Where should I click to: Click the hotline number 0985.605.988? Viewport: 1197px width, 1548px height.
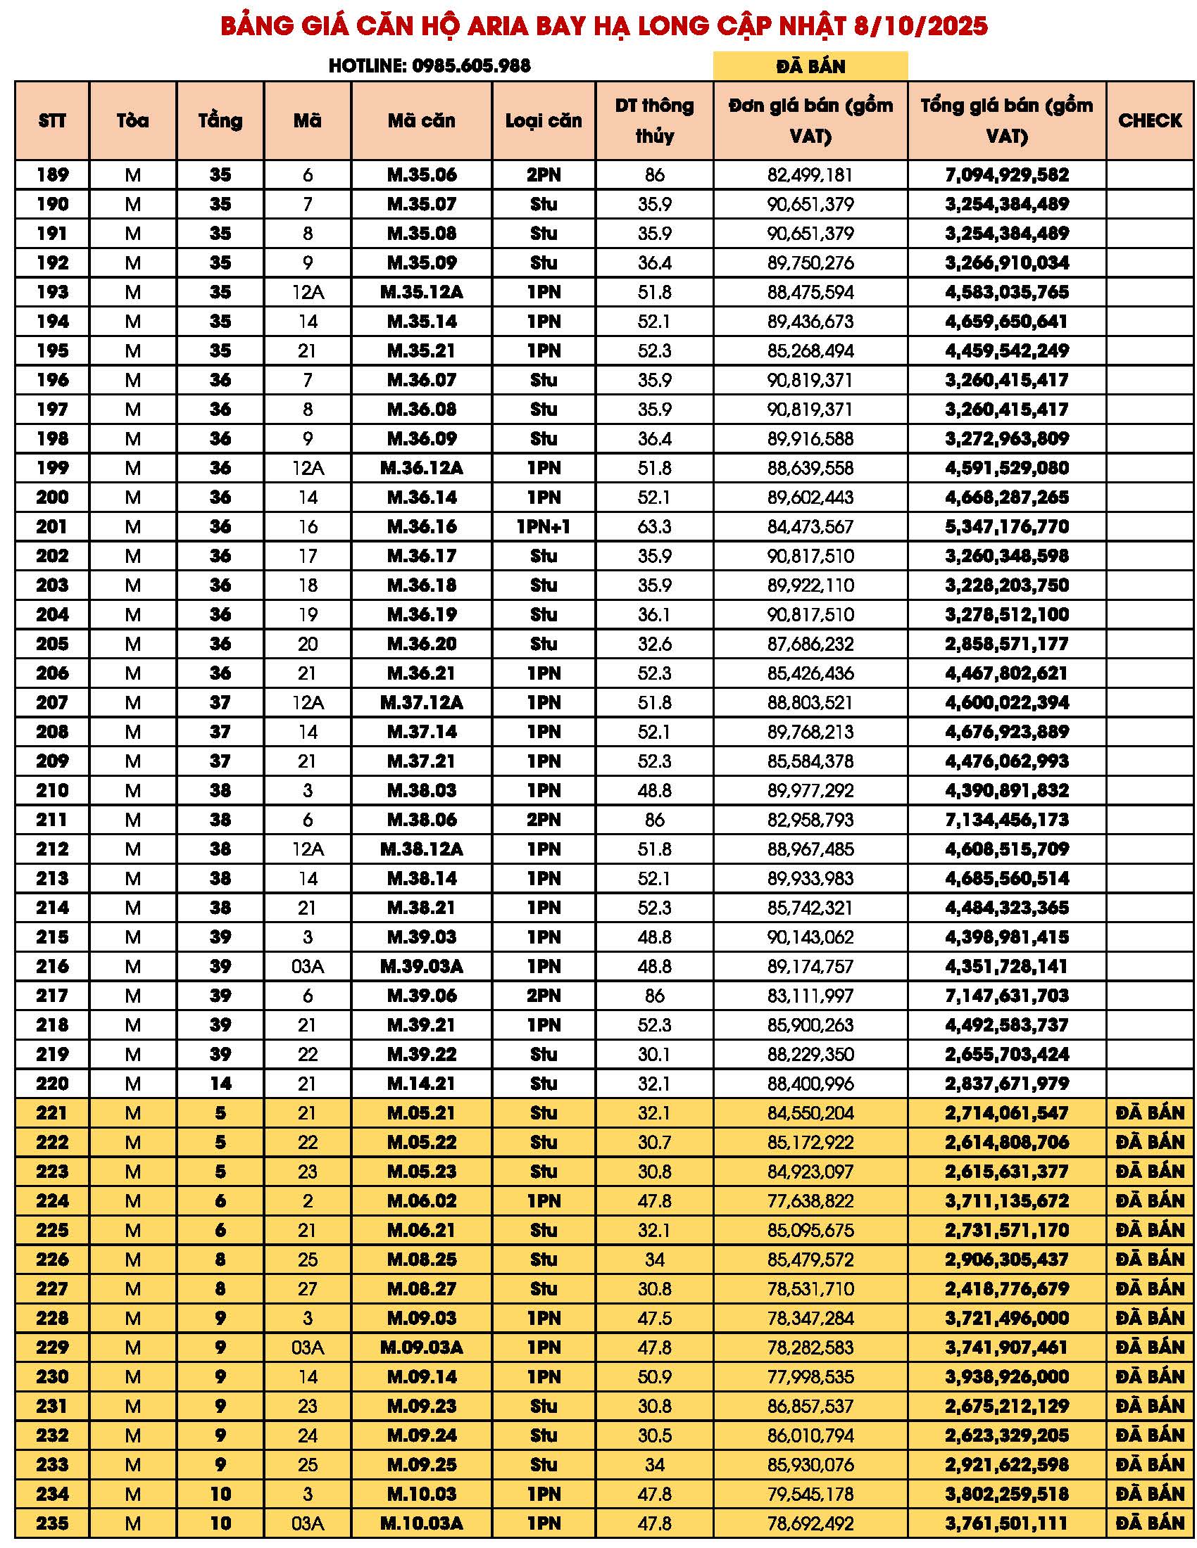click(471, 66)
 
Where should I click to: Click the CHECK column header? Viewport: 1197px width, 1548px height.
click(1150, 120)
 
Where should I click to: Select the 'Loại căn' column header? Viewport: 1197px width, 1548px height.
click(543, 120)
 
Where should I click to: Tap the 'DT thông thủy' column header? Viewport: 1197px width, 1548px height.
click(654, 120)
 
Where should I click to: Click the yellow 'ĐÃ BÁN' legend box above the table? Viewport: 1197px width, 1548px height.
click(810, 66)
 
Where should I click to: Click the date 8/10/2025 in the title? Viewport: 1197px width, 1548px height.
click(920, 26)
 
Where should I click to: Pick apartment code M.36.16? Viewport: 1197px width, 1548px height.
click(421, 526)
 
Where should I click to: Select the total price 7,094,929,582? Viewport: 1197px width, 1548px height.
click(1006, 175)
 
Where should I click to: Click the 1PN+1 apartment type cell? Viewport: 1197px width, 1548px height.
click(543, 526)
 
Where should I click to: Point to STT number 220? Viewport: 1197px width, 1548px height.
click(53, 1083)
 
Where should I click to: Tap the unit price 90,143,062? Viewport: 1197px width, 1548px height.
click(810, 937)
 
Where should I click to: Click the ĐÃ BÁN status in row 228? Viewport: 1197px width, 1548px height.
click(1150, 1318)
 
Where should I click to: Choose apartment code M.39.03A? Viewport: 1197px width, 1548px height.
click(421, 966)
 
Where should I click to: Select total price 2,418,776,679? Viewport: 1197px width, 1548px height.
click(1006, 1288)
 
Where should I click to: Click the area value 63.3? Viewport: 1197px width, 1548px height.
click(654, 526)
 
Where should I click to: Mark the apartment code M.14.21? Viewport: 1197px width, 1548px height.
click(421, 1083)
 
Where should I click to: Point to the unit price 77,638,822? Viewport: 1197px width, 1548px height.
click(810, 1200)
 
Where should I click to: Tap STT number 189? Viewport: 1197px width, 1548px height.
click(53, 175)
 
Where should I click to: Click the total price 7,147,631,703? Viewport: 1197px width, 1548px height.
click(1006, 995)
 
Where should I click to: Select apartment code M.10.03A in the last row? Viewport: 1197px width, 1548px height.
click(421, 1523)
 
